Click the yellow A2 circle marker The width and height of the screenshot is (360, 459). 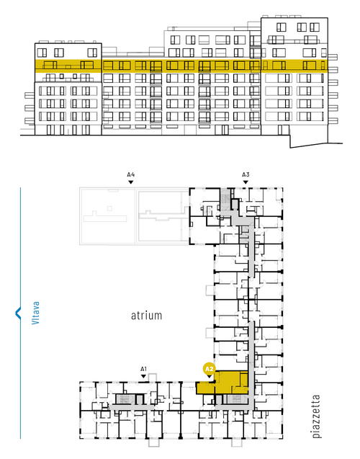(210, 369)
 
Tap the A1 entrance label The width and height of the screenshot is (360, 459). (143, 369)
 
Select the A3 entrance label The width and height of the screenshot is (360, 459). (246, 174)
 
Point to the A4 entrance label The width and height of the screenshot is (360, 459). (131, 174)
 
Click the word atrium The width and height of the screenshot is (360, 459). (146, 316)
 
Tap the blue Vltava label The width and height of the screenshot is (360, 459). (35, 313)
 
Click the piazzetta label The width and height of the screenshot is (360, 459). (316, 416)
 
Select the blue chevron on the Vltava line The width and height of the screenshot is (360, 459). (18, 313)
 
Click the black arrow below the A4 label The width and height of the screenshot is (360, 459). (131, 182)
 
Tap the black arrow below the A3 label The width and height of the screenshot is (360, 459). (246, 182)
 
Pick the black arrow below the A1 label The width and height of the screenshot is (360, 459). (143, 376)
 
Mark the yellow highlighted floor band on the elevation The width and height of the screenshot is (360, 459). (181, 66)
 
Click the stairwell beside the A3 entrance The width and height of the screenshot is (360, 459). (225, 198)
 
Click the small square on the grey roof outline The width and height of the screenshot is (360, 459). (109, 208)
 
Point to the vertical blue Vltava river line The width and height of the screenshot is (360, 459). (20, 313)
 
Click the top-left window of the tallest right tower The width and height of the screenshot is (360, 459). (281, 27)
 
